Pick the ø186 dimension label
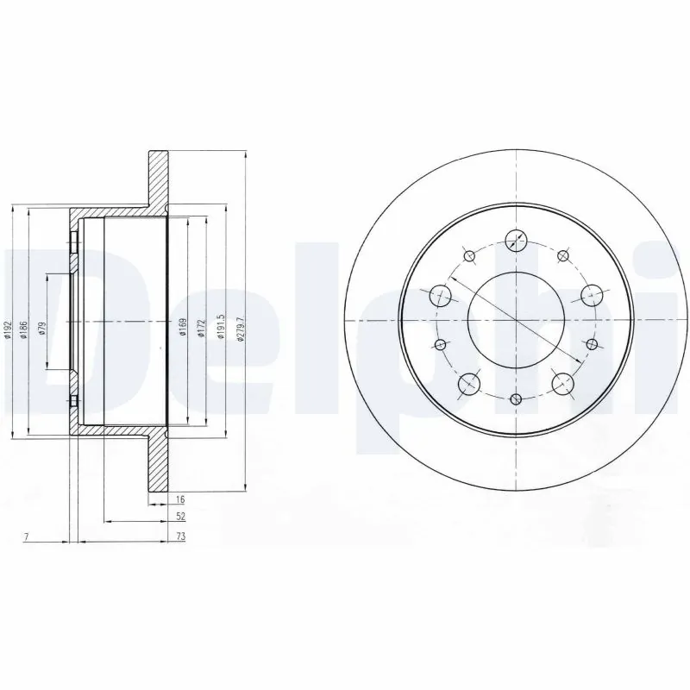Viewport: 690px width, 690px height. click(x=23, y=328)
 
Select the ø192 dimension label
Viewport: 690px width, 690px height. click(x=7, y=329)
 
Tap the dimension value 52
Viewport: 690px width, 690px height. click(x=180, y=517)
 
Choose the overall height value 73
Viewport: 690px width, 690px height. click(x=180, y=536)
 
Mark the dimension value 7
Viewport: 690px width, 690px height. click(x=27, y=536)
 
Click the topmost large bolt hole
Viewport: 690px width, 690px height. click(x=516, y=241)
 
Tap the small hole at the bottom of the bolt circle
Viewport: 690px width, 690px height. click(x=516, y=398)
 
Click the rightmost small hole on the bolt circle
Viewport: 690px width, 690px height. click(x=592, y=344)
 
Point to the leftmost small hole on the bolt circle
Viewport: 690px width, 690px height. click(x=441, y=345)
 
